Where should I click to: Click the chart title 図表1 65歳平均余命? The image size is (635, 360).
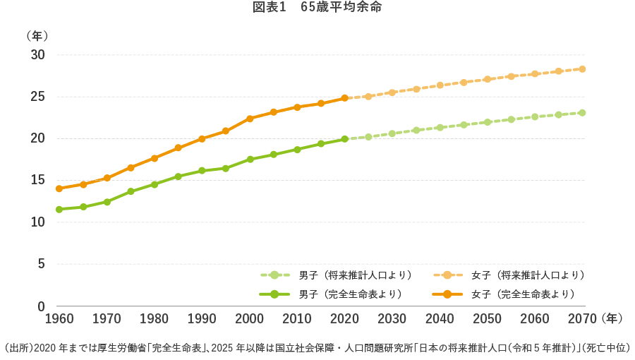[317, 8]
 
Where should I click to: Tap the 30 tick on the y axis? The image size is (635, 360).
[37, 55]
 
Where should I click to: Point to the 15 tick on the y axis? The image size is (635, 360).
[37, 181]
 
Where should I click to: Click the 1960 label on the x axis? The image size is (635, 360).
[59, 319]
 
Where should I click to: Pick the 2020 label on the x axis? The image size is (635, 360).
[344, 319]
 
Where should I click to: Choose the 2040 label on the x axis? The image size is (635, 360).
[439, 319]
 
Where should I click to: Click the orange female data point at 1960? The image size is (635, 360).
[59, 188]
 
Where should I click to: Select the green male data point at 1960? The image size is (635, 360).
[59, 209]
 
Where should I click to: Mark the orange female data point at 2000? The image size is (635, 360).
[250, 119]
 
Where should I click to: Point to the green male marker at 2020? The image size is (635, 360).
[344, 139]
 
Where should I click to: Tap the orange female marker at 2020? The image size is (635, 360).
[344, 98]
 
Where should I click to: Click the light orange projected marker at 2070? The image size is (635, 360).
[582, 68]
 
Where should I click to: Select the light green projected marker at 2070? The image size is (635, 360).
[582, 112]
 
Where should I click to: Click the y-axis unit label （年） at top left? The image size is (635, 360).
[36, 35]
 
